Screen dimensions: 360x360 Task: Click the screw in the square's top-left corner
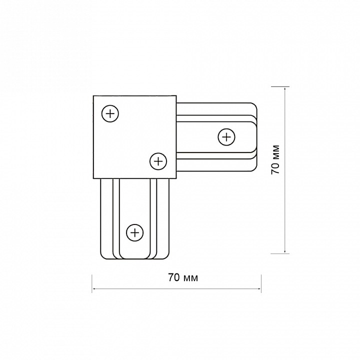tap(110, 113)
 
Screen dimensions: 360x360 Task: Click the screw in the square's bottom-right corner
tap(158, 161)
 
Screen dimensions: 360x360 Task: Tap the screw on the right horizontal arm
tap(226, 137)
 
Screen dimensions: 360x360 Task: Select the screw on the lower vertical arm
tap(135, 233)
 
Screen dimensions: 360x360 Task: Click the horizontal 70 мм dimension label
tap(183, 277)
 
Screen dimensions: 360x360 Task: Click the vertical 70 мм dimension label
tap(275, 159)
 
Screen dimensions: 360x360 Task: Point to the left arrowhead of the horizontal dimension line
tap(93, 289)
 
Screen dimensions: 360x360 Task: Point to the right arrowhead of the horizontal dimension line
tap(259, 289)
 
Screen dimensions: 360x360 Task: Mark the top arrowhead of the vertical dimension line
tap(285, 88)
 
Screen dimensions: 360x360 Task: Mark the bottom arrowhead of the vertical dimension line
tap(285, 251)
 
